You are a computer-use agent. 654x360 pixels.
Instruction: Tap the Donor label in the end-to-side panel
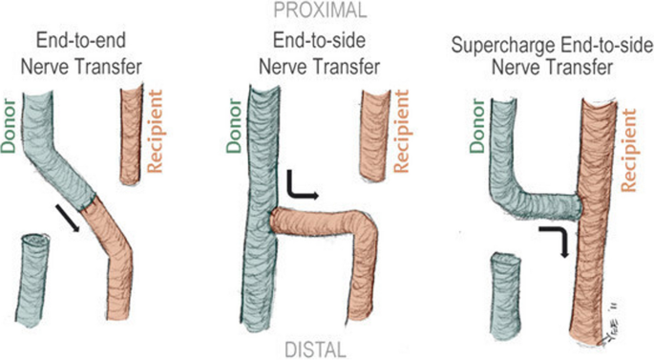click(235, 123)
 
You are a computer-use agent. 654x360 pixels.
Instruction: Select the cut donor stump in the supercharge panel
click(508, 296)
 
